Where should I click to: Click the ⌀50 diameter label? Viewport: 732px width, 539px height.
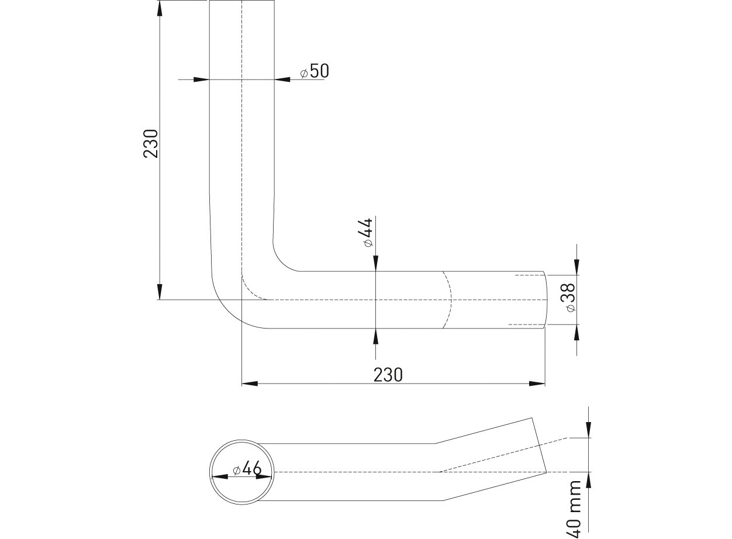pyautogui.click(x=315, y=71)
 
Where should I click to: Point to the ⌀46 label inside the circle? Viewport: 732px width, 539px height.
pyautogui.click(x=247, y=469)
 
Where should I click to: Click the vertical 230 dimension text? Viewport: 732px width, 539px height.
pyautogui.click(x=151, y=144)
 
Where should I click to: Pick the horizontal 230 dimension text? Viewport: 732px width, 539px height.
pyautogui.click(x=388, y=375)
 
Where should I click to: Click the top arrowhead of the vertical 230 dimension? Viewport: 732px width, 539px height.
pyautogui.click(x=160, y=9)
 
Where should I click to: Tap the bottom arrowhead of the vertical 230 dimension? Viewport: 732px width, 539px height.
pyautogui.click(x=160, y=292)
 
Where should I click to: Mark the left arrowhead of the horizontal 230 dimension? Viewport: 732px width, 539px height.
pyautogui.click(x=250, y=383)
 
